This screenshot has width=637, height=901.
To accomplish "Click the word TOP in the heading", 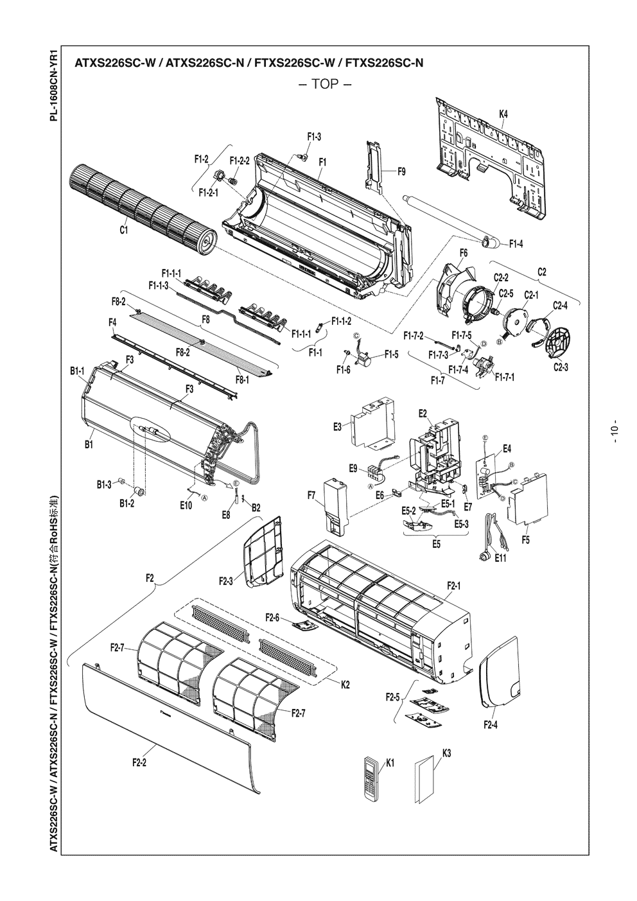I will click(324, 85).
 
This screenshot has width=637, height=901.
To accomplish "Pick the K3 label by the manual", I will click(446, 754).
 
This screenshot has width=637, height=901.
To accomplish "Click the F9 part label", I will click(401, 171).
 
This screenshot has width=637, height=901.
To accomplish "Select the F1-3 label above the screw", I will click(314, 136).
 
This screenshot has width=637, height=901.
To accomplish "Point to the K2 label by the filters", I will click(345, 685).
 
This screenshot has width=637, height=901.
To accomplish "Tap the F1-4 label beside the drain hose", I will click(516, 243).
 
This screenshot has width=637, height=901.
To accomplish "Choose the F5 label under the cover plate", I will click(526, 539).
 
